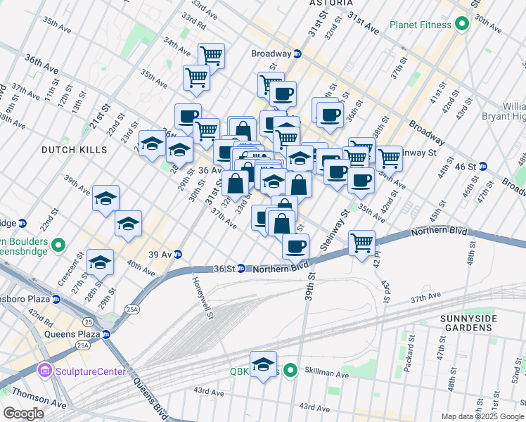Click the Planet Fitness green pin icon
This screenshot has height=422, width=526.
click(x=462, y=25)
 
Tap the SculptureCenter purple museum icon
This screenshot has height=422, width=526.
click(x=45, y=370)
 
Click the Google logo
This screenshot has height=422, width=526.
click(x=23, y=414)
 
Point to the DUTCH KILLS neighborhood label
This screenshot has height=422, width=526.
click(x=74, y=150)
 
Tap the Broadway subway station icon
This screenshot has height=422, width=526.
click(x=297, y=53)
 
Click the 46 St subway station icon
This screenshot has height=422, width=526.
click(x=502, y=167)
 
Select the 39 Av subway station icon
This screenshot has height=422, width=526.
click(x=179, y=254)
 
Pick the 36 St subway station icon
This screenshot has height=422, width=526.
click(x=241, y=268)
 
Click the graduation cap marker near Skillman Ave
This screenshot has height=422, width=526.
click(x=264, y=364)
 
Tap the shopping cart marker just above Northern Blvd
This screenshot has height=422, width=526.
click(x=361, y=243)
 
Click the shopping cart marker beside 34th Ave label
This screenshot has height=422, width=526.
click(x=211, y=55)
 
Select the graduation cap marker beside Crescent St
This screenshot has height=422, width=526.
click(x=101, y=262)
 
